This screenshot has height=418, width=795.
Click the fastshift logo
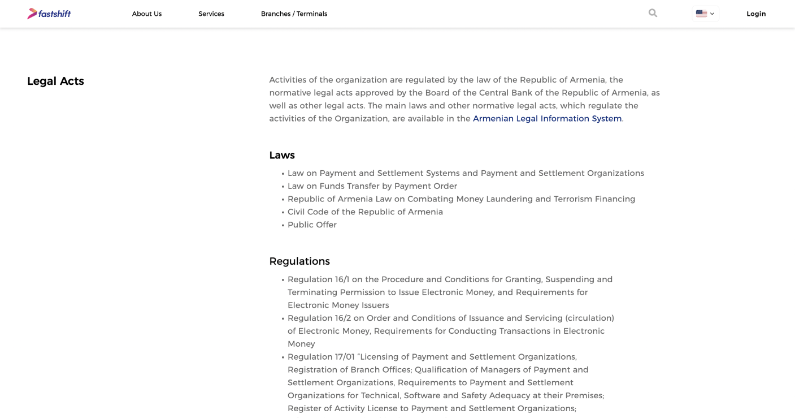(x=49, y=14)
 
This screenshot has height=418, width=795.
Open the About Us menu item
(x=147, y=14)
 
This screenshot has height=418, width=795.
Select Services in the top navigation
(x=211, y=14)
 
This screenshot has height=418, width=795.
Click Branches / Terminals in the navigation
(x=294, y=14)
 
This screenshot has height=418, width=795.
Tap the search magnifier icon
(x=653, y=13)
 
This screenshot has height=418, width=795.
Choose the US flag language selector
(x=705, y=14)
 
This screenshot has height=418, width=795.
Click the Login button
(x=756, y=14)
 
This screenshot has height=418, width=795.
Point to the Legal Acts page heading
(x=55, y=81)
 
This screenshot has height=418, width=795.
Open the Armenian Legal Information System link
(x=547, y=119)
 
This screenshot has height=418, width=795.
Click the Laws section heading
(x=282, y=155)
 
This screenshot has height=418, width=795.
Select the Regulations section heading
(x=299, y=261)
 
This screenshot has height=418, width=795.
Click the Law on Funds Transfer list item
(x=372, y=186)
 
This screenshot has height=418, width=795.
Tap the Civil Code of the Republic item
(x=365, y=212)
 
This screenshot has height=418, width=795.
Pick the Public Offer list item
(x=312, y=225)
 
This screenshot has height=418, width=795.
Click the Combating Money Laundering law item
(x=461, y=199)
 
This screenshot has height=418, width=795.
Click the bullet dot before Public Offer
(x=283, y=226)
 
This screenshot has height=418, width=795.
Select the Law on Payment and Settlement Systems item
(x=466, y=173)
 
